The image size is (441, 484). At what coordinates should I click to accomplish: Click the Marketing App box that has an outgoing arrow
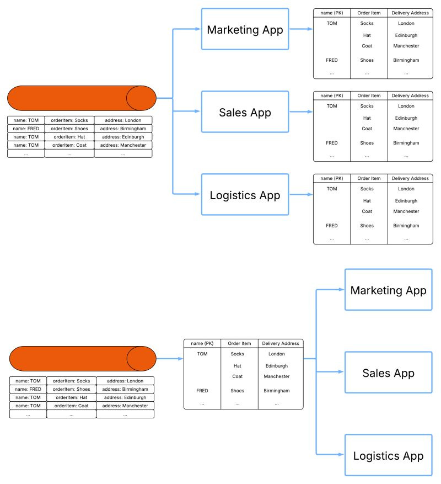coord(245,29)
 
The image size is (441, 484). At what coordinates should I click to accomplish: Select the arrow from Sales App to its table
coord(300,112)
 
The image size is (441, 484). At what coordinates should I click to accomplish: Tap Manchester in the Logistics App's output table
coord(406,211)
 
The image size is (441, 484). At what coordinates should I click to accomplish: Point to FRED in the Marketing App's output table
coord(331,60)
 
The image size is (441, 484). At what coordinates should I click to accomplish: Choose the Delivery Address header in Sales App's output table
coord(410,95)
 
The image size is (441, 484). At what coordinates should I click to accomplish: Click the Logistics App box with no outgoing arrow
coord(388,456)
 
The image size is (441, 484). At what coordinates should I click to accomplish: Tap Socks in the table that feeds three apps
coord(237,354)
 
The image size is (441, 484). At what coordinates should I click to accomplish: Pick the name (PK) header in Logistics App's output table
coord(331,178)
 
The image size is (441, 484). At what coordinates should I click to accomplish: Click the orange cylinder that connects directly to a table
coord(83,359)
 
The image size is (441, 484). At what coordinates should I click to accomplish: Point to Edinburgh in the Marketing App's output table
coord(406,35)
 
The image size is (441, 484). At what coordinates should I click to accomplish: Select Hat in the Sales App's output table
coord(367,118)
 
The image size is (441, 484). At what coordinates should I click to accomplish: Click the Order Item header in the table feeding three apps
coord(239,343)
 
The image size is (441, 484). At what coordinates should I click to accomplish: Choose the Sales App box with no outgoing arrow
coord(388,373)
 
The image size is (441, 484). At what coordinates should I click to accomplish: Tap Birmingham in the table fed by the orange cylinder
coord(276,391)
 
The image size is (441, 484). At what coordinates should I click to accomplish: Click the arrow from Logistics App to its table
coord(300,194)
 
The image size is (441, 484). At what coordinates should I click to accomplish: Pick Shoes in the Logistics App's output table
coord(367,226)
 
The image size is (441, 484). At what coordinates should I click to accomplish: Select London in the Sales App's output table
coord(406,106)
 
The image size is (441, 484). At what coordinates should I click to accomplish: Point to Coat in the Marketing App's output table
coord(367,46)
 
